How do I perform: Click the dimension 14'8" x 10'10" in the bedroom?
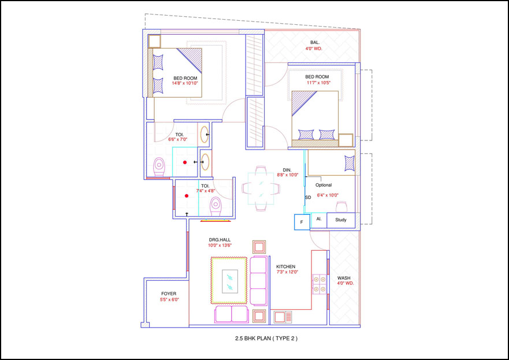pyautogui.click(x=185, y=83)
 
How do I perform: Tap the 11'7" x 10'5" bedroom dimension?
pyautogui.click(x=317, y=83)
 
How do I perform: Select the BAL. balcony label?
pyautogui.click(x=314, y=42)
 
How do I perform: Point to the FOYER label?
pyautogui.click(x=169, y=294)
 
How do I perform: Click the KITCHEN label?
pyautogui.click(x=286, y=266)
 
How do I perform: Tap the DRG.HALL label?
pyautogui.click(x=220, y=239)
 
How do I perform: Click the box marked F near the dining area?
pyautogui.click(x=301, y=221)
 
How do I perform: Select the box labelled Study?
pyautogui.click(x=341, y=220)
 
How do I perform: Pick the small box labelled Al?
pyautogui.click(x=318, y=219)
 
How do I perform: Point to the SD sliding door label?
pyautogui.click(x=308, y=198)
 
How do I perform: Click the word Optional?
pyautogui.click(x=324, y=185)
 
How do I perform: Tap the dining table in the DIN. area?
pyautogui.click(x=261, y=187)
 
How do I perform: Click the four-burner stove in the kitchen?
pyautogui.click(x=319, y=283)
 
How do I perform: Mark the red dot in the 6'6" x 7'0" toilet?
pyautogui.click(x=185, y=163)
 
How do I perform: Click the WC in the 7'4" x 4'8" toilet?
pyautogui.click(x=216, y=204)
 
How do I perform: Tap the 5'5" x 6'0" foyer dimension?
pyautogui.click(x=169, y=300)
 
